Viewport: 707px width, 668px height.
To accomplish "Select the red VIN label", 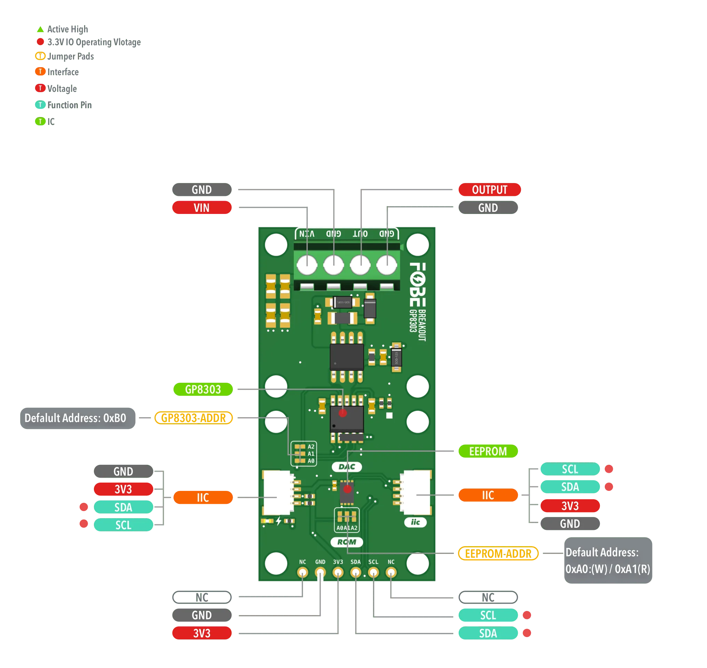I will click(201, 208).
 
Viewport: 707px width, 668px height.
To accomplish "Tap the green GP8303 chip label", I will click(203, 389).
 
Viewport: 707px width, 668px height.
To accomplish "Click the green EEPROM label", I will click(488, 451).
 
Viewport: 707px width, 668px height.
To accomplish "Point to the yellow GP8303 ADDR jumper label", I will click(194, 418).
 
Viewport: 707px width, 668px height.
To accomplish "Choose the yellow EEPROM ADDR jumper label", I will click(498, 553).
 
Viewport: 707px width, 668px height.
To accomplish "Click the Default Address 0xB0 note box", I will click(75, 418).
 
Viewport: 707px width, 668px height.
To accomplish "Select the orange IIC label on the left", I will click(203, 498).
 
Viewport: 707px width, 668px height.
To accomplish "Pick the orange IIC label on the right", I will click(488, 495).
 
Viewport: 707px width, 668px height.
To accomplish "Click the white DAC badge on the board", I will click(347, 467).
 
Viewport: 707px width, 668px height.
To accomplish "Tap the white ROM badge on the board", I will click(347, 542).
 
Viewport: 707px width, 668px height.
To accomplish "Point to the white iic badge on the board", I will click(416, 522).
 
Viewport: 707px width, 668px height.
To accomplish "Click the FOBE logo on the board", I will click(417, 285).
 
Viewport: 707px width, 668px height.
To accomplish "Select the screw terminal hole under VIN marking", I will click(307, 265).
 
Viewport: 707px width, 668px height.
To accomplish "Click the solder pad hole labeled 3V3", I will click(338, 573).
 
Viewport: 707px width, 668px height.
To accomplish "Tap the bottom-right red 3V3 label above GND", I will click(570, 506).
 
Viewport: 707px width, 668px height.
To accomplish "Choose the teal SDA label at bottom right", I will click(488, 633).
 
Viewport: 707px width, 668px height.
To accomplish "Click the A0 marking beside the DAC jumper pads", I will click(311, 461).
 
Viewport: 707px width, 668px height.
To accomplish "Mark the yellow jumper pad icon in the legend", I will click(40, 56).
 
